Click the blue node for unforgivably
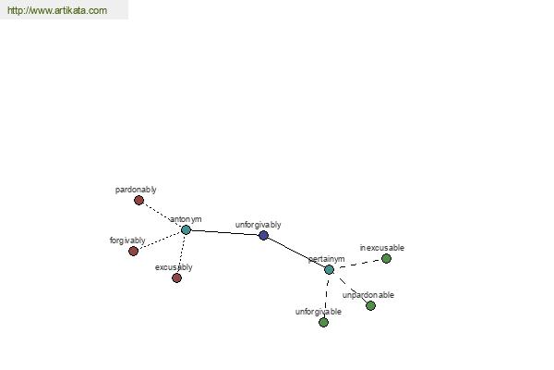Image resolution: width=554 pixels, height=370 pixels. coord(263,235)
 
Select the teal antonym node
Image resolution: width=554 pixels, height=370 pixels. coord(186,229)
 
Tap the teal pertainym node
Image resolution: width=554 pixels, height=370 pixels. coord(329,269)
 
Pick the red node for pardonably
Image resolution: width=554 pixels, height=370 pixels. coord(138,201)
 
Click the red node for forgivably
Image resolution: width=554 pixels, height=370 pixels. coord(133,251)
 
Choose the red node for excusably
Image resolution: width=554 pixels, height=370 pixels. coord(176,277)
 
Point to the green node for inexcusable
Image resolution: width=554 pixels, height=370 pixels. coord(386,258)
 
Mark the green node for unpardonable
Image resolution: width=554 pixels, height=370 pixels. coord(370,305)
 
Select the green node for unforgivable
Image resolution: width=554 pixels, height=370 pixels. coord(323,322)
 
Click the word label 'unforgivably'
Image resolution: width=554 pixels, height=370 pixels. coord(258,225)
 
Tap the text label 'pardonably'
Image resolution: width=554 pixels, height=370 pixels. coord(136,190)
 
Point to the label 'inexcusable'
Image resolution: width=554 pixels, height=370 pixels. coord(382,248)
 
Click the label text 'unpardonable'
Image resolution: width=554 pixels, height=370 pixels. coord(367,295)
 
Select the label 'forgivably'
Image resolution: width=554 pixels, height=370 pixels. coord(127,240)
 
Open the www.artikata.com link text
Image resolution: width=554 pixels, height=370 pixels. coord(57,10)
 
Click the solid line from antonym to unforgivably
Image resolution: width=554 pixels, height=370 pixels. coord(224,232)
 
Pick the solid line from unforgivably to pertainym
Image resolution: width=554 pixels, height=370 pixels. coord(296,253)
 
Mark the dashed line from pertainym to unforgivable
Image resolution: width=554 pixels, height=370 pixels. coord(326,296)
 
